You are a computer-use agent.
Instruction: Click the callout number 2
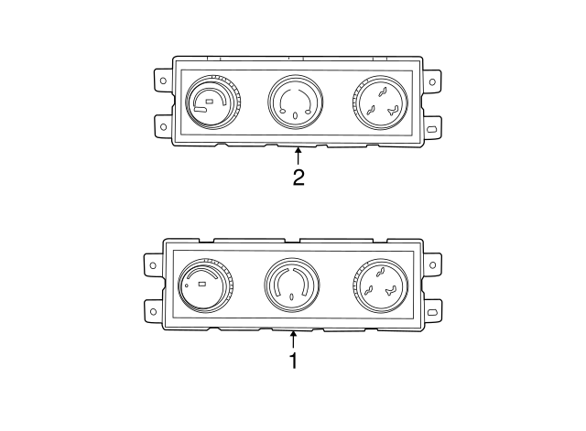pyautogui.click(x=298, y=177)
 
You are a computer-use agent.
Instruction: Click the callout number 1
pyautogui.click(x=293, y=361)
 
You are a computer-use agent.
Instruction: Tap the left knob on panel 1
pyautogui.click(x=205, y=286)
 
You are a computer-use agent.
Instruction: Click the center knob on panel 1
pyautogui.click(x=292, y=285)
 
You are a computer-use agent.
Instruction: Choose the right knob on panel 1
pyautogui.click(x=378, y=285)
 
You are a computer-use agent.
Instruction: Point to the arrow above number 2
pyautogui.click(x=298, y=155)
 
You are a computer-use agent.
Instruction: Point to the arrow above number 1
pyautogui.click(x=293, y=339)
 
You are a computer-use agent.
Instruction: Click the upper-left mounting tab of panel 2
pyautogui.click(x=163, y=81)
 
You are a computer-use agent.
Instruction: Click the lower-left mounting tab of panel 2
pyautogui.click(x=163, y=123)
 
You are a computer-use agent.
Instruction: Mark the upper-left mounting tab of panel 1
pyautogui.click(x=152, y=265)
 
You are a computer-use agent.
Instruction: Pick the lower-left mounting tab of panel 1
pyautogui.click(x=152, y=308)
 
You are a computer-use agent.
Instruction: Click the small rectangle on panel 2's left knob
pyautogui.click(x=210, y=100)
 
